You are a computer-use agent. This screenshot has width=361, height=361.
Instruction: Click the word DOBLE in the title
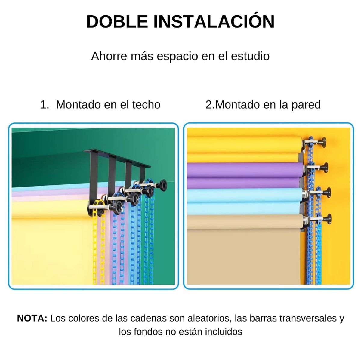(x=117, y=22)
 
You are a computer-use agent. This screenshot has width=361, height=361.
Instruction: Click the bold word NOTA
(x=32, y=318)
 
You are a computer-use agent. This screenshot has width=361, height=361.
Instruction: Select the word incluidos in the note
(x=224, y=332)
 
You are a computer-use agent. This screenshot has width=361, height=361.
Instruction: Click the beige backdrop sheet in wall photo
(x=244, y=253)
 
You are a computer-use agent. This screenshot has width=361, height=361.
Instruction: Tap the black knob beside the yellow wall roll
(x=323, y=140)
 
